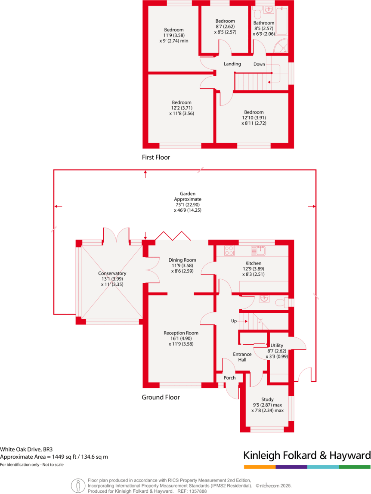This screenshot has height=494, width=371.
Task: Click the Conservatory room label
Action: coord(112,273)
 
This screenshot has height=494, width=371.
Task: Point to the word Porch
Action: coord(230,378)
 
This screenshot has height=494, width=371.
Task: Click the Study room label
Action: coord(267,399)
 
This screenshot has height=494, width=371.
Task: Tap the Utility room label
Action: coord(276,345)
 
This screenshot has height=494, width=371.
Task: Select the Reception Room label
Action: coord(181,333)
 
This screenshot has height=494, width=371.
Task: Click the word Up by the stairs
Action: coord(235,321)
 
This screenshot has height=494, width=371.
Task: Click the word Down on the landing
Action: coord(259,64)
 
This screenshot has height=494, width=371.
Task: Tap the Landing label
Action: coord(232,64)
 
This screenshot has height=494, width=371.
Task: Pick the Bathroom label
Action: coord(263,23)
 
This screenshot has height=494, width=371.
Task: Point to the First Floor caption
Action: coord(156,157)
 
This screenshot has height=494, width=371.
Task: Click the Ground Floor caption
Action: coord(161,397)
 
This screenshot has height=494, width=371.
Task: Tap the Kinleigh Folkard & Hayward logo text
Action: coord(307,455)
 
